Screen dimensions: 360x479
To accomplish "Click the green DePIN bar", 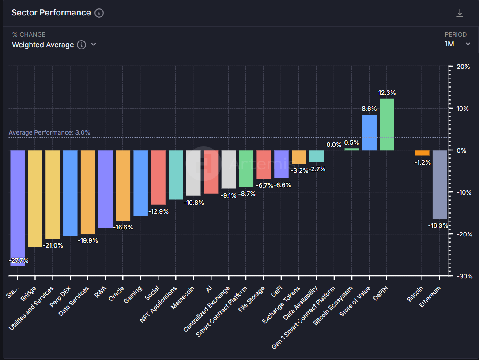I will point(387,124).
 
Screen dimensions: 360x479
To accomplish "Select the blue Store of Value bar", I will point(370,132).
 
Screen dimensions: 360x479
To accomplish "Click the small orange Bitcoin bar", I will point(422,153).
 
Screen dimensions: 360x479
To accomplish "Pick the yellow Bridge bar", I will point(35,199).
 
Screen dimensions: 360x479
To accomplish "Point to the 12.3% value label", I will point(387,93).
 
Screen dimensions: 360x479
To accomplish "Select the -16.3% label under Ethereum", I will point(438,225).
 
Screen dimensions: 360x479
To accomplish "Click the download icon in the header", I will point(460,13).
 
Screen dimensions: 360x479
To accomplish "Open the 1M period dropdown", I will point(458,44).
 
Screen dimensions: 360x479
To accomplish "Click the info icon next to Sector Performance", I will point(99,13).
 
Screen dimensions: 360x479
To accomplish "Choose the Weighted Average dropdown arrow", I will point(94,45).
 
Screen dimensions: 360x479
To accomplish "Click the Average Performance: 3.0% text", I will point(49,132).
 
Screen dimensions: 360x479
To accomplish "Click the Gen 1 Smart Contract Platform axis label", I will point(304,318).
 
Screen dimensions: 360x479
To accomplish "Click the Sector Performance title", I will point(51,13).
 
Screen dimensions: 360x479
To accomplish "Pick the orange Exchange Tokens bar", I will point(299,157).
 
